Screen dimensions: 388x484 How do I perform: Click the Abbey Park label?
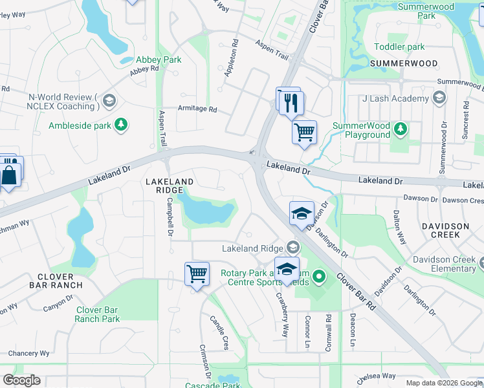click(x=158, y=59)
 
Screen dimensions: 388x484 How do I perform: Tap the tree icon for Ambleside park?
click(x=120, y=124)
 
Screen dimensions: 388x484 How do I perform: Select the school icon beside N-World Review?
click(x=109, y=100)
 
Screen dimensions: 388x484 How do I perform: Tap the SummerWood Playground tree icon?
click(x=401, y=129)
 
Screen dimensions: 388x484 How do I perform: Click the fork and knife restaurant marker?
click(x=291, y=102)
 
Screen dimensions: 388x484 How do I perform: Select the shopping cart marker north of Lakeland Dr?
click(x=304, y=133)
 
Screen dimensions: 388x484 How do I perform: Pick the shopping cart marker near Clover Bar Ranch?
click(x=197, y=273)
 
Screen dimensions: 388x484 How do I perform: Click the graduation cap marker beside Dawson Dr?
click(x=302, y=214)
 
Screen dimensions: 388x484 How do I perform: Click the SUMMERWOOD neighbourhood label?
click(x=404, y=64)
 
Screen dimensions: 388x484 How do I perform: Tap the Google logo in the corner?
click(x=21, y=380)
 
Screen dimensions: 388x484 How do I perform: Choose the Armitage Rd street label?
click(x=197, y=109)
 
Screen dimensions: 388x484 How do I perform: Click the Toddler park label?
click(x=399, y=47)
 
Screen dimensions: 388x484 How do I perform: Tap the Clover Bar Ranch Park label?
click(x=97, y=314)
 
